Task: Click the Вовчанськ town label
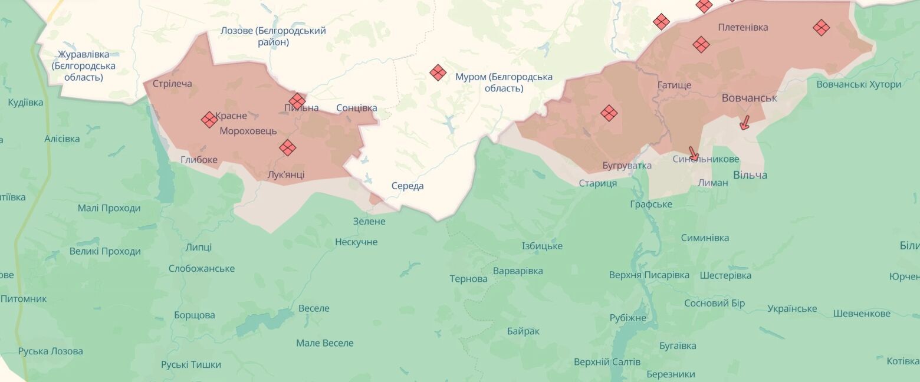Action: (749, 98)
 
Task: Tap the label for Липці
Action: (198, 248)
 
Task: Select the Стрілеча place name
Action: (172, 84)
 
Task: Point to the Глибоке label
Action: (199, 160)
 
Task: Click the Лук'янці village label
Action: (286, 174)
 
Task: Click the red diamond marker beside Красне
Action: (209, 120)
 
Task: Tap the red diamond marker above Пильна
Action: (297, 101)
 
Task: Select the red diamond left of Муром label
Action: (438, 73)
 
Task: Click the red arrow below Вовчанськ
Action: (744, 123)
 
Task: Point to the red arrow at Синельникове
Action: (694, 154)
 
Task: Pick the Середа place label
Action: (408, 186)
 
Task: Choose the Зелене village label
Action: (369, 222)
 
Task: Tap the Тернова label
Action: (468, 279)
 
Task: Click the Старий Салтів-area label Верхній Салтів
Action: (607, 362)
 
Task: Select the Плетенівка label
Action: (743, 28)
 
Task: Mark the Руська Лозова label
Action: (51, 351)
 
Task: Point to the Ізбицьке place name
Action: (542, 246)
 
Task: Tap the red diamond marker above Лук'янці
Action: (287, 147)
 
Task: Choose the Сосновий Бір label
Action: (714, 303)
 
